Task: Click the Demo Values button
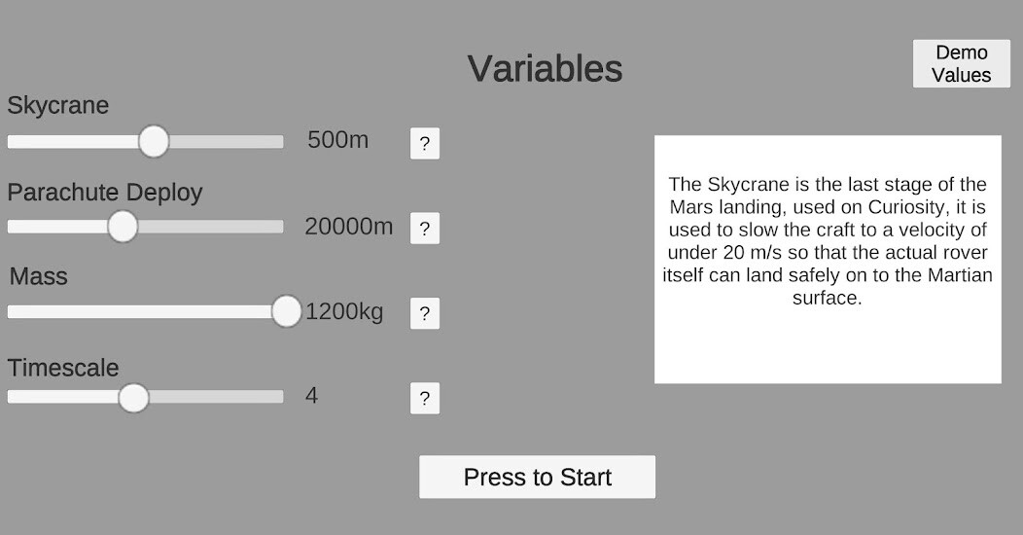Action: pyautogui.click(x=961, y=63)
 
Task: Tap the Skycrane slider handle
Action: pyautogui.click(x=154, y=142)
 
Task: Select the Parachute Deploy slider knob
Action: pyautogui.click(x=123, y=227)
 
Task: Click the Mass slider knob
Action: pyautogui.click(x=287, y=311)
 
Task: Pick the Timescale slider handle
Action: pyautogui.click(x=134, y=397)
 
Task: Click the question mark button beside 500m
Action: pyautogui.click(x=425, y=144)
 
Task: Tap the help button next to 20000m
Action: pyautogui.click(x=425, y=229)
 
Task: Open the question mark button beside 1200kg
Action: pyautogui.click(x=425, y=313)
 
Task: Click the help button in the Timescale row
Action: pyautogui.click(x=425, y=398)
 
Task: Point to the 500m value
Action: pyautogui.click(x=338, y=140)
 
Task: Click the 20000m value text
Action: pyautogui.click(x=349, y=227)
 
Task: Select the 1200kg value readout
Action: pyautogui.click(x=344, y=312)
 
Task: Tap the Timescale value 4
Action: pyautogui.click(x=312, y=395)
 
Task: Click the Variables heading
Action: pyautogui.click(x=545, y=68)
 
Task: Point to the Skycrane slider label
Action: pyautogui.click(x=58, y=106)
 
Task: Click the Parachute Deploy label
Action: pyautogui.click(x=105, y=193)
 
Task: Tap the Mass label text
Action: pyautogui.click(x=39, y=276)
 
